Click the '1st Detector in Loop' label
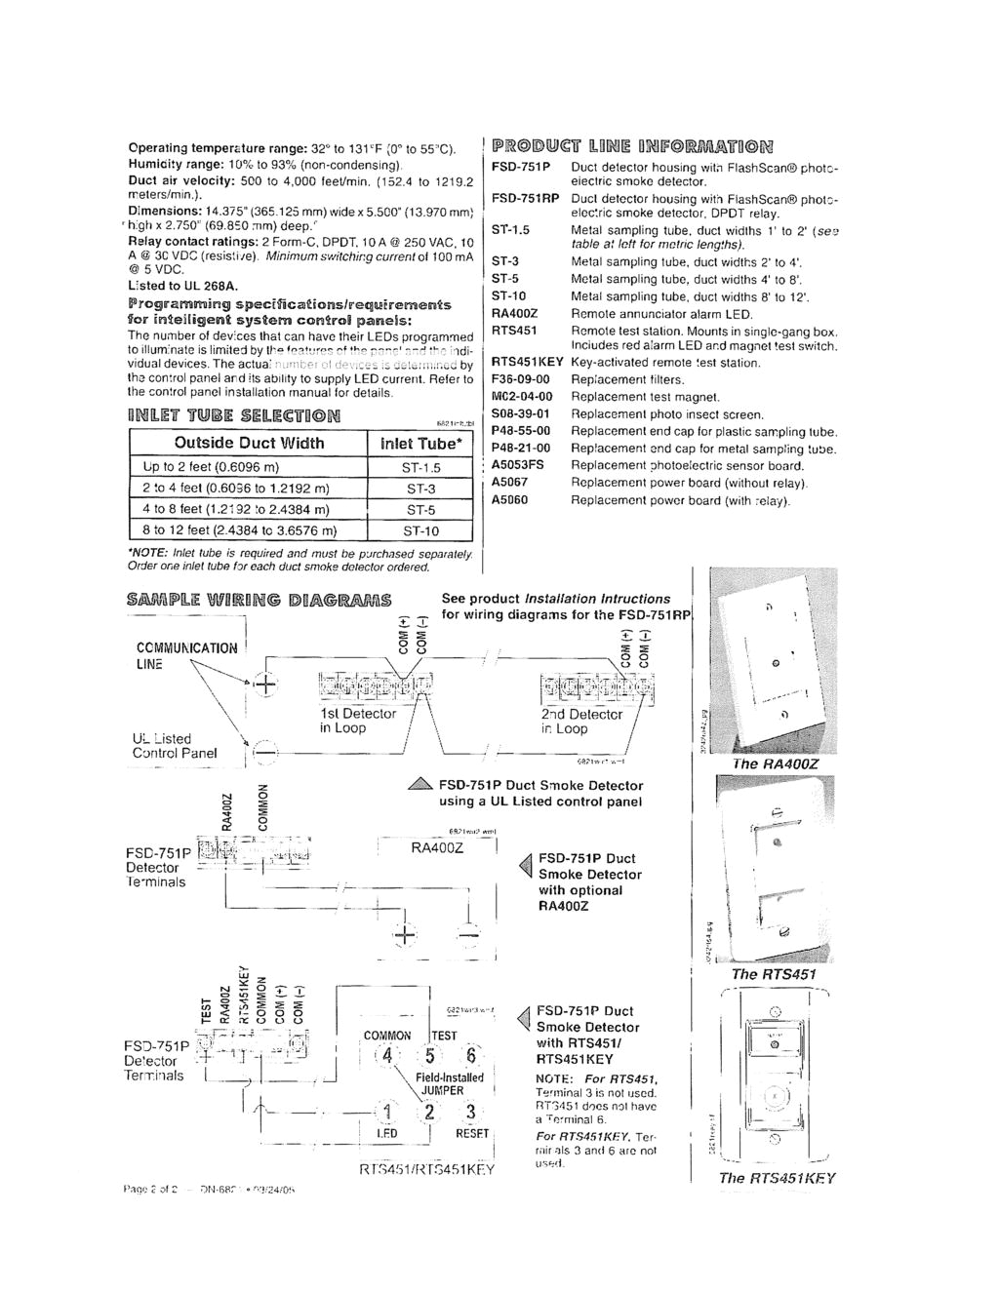pos(357,721)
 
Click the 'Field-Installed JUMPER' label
pos(449,1084)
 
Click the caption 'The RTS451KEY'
pos(777,1178)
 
